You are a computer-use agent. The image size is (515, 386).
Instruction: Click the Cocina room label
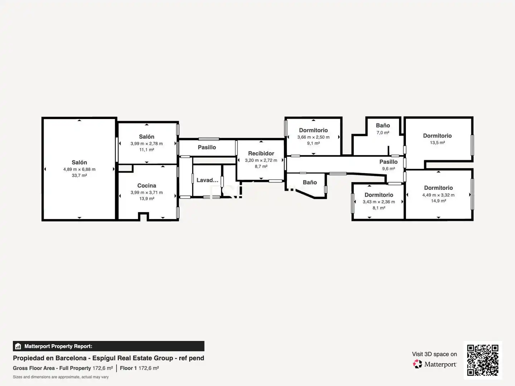click(147, 185)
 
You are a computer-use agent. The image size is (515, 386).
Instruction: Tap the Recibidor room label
click(261, 154)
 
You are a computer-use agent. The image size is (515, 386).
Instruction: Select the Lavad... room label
click(207, 180)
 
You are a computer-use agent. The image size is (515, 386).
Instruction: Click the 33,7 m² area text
click(79, 175)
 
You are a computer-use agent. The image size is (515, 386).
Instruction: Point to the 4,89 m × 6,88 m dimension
click(79, 169)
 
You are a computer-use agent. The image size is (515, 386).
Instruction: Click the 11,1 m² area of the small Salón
click(147, 149)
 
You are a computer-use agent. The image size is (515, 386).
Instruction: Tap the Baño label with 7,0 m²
click(383, 125)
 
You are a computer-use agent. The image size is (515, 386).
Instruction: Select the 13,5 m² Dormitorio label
click(437, 136)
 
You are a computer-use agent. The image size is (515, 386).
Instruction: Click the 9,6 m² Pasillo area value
click(388, 168)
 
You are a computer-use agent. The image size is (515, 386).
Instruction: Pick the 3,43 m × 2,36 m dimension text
click(379, 202)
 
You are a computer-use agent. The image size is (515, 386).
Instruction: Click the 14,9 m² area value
click(438, 201)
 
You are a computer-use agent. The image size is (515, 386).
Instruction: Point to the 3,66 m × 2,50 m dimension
click(313, 137)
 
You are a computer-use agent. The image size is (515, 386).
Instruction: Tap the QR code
click(482, 360)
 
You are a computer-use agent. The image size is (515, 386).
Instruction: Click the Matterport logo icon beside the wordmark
click(417, 364)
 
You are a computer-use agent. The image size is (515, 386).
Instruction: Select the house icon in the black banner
click(18, 346)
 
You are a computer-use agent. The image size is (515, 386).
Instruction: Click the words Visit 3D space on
click(434, 354)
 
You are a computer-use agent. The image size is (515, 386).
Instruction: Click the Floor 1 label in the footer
click(128, 368)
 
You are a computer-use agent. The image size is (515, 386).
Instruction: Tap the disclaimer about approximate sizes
click(60, 377)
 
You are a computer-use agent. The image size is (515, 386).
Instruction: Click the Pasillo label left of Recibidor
click(207, 147)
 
